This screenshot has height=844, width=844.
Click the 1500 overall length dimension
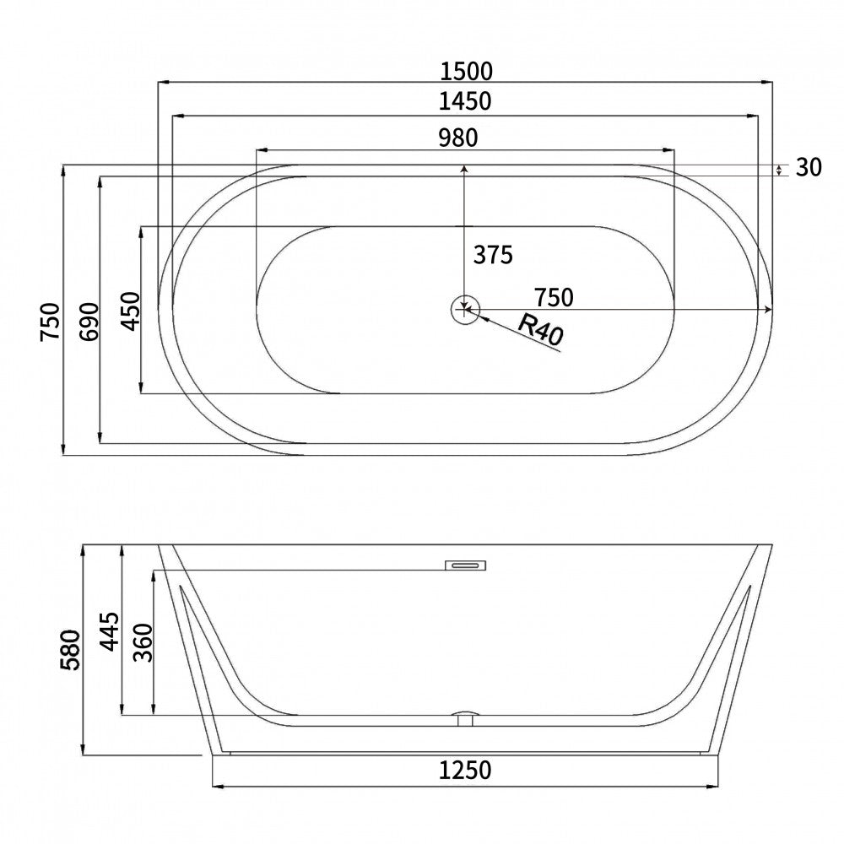465,70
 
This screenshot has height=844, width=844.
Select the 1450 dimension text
465,102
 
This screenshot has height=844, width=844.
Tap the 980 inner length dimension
458,136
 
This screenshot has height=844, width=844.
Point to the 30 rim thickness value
809,168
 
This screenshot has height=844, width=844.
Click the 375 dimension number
492,254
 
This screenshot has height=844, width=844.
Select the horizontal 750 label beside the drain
554,297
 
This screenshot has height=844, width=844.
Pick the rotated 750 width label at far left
51,321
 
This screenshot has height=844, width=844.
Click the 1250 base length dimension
465,770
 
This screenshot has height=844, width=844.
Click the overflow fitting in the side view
464,565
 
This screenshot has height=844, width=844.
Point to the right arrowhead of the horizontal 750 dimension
767,311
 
